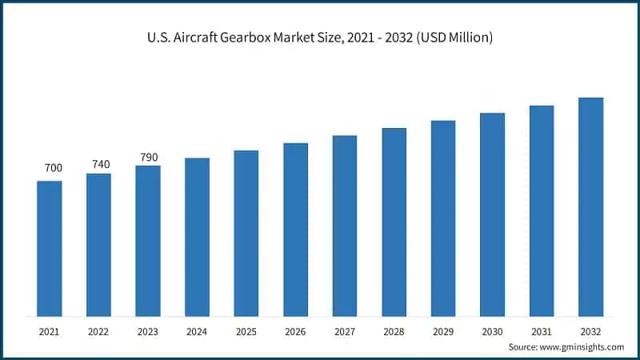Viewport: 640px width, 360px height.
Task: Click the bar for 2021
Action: [50, 248]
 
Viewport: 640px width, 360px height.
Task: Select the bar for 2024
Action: [197, 237]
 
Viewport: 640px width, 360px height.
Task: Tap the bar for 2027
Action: [345, 226]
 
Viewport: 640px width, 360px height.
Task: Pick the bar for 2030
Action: [492, 214]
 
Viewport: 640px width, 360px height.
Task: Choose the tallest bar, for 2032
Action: [590, 206]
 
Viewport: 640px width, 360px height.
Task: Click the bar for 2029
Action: [443, 218]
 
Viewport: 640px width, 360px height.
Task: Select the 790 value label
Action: [148, 157]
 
